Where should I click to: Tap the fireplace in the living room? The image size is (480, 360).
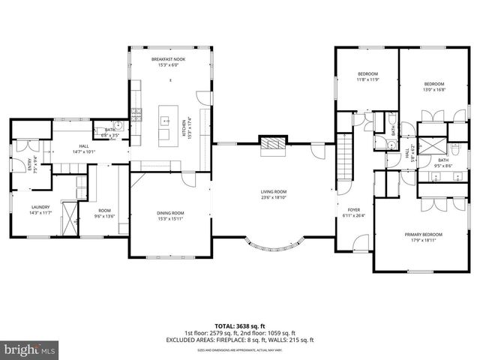click(273, 144)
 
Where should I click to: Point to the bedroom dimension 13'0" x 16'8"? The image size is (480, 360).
click(435, 89)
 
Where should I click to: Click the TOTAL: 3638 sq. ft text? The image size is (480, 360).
click(240, 325)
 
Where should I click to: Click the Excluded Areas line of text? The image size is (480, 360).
click(240, 340)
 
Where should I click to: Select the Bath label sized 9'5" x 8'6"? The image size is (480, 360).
click(442, 164)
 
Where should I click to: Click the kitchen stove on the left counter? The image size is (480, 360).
click(136, 115)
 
